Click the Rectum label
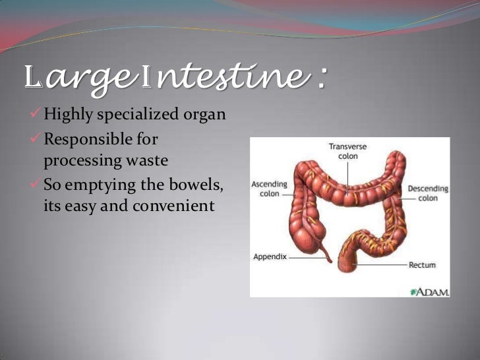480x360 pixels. (x=422, y=265)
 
